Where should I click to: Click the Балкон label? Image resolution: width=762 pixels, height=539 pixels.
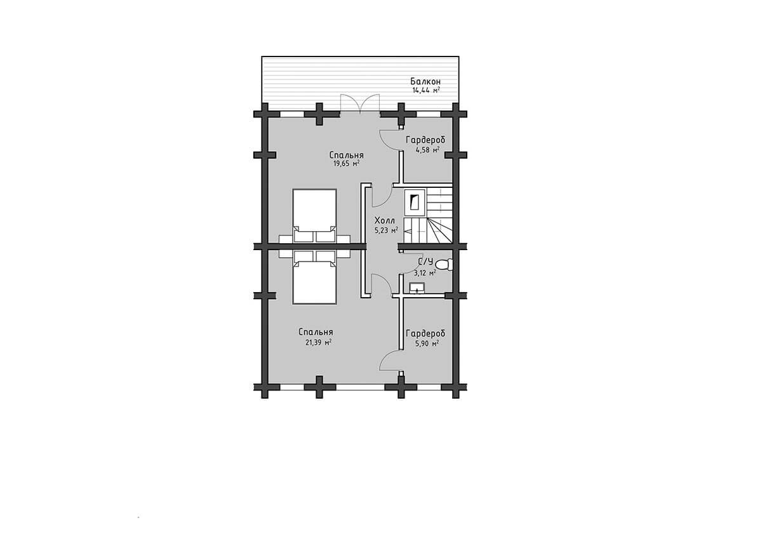[x=425, y=82]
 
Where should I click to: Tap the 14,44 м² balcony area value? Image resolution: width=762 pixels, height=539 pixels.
[x=426, y=90]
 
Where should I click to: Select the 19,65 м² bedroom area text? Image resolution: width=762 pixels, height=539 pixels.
[x=346, y=164]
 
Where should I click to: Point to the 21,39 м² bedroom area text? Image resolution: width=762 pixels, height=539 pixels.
[x=318, y=342]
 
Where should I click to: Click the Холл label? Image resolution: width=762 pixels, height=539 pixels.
[x=384, y=220]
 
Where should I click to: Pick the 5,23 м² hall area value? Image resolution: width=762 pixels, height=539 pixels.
[x=386, y=230]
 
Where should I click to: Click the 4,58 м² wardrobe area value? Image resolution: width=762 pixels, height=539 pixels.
[x=427, y=150]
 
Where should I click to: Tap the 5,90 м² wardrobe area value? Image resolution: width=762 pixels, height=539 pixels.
[x=427, y=343]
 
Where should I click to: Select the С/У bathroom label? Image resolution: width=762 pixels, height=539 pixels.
[x=425, y=262]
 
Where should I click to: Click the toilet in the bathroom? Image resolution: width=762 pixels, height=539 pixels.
[x=444, y=265]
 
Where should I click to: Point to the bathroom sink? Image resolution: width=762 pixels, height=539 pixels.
[x=417, y=288]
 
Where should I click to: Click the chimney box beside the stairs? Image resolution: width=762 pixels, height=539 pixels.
[x=414, y=203]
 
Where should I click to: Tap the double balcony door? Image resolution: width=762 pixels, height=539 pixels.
[x=360, y=103]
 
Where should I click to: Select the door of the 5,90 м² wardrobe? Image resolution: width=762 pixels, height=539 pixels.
[x=390, y=362]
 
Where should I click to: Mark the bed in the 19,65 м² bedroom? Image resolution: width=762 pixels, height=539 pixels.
[x=315, y=216]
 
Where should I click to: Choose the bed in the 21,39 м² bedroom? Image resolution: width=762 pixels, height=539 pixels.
[x=315, y=277]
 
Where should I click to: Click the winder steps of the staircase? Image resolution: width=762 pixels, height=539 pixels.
[x=440, y=231]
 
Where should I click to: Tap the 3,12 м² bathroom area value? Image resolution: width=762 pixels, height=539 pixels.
[x=425, y=272]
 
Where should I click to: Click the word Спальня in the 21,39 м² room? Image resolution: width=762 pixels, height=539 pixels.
[x=316, y=332]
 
